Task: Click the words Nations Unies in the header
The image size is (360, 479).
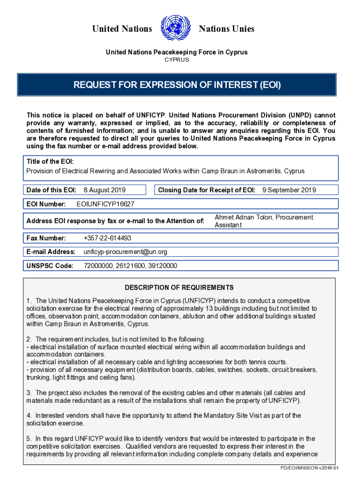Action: tap(226, 29)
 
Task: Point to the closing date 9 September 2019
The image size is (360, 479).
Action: tap(289, 190)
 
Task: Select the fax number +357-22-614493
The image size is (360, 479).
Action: tap(107, 238)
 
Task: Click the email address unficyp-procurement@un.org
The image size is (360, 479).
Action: tap(125, 252)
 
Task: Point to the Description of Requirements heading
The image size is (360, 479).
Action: tap(179, 288)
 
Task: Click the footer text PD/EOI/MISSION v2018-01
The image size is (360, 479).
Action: tap(309, 468)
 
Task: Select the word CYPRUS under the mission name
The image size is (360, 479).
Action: tap(176, 60)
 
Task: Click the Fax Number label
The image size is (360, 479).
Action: tap(46, 238)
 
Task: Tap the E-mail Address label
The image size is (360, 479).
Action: tap(51, 252)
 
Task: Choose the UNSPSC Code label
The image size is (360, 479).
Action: tap(50, 266)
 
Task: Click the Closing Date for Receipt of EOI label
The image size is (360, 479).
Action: tap(207, 190)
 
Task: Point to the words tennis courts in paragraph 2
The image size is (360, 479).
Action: tap(268, 362)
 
